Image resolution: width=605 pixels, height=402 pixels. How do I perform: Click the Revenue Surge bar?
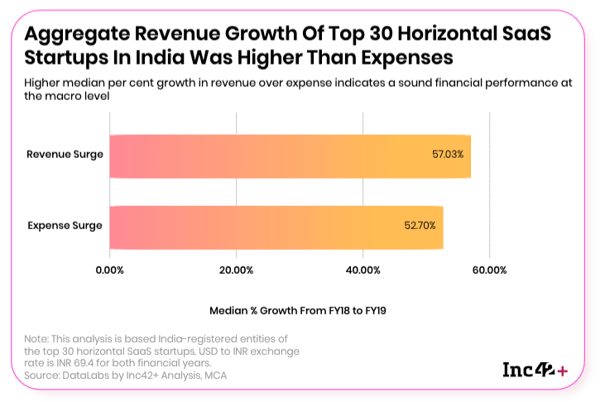(290, 156)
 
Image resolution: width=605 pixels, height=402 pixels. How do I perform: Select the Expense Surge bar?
(276, 227)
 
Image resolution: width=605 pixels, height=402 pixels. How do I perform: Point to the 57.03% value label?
(448, 155)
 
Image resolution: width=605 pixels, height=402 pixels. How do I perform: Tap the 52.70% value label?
(420, 226)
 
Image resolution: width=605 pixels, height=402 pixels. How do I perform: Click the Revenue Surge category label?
(65, 155)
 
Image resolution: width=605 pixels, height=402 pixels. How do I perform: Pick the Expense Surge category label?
(65, 226)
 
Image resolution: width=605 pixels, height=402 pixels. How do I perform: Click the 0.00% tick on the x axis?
(110, 270)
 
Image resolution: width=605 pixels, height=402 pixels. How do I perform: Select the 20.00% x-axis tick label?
(236, 270)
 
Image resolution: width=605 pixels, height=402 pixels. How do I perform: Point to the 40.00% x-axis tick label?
(363, 270)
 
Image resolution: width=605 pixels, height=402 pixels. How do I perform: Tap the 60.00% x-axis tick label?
(489, 270)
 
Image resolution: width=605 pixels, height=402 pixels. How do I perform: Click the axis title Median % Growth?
(300, 310)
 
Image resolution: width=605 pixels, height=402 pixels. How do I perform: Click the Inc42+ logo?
(535, 370)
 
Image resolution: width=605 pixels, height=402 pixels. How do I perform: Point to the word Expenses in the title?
(396, 58)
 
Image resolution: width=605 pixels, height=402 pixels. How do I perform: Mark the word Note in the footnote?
(36, 339)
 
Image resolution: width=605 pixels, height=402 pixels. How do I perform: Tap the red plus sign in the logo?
(563, 371)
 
